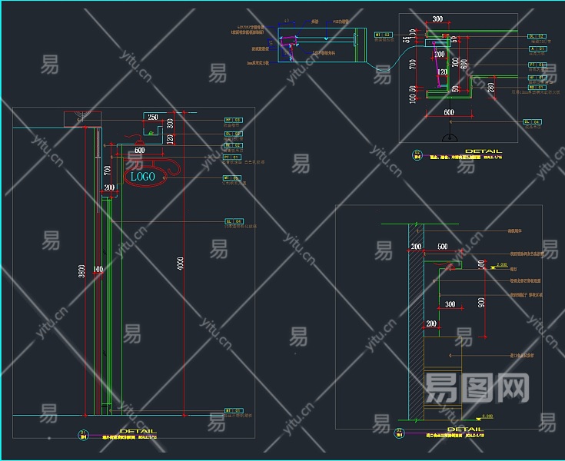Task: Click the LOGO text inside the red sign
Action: (x=143, y=177)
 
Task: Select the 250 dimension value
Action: (x=153, y=118)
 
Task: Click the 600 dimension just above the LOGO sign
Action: (x=139, y=151)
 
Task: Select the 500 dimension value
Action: (x=442, y=247)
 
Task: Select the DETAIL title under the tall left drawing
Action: (x=138, y=431)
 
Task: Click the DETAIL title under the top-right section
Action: (x=483, y=151)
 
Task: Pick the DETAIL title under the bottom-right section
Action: (x=465, y=429)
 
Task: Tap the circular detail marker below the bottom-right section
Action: (x=400, y=433)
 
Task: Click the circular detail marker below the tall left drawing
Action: (x=83, y=435)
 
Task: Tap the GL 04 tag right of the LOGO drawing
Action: (x=233, y=221)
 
